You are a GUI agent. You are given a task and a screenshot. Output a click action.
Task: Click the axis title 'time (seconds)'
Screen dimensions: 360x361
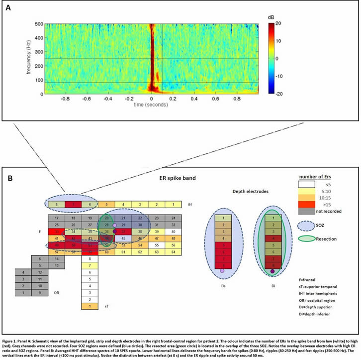tap(152, 105)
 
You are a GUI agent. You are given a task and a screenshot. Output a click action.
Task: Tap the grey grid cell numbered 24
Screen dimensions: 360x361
tap(173, 218)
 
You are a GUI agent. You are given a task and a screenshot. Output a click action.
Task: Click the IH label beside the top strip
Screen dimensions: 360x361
tap(190, 204)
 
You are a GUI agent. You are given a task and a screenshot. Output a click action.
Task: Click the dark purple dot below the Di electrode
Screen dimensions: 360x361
tap(273, 271)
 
